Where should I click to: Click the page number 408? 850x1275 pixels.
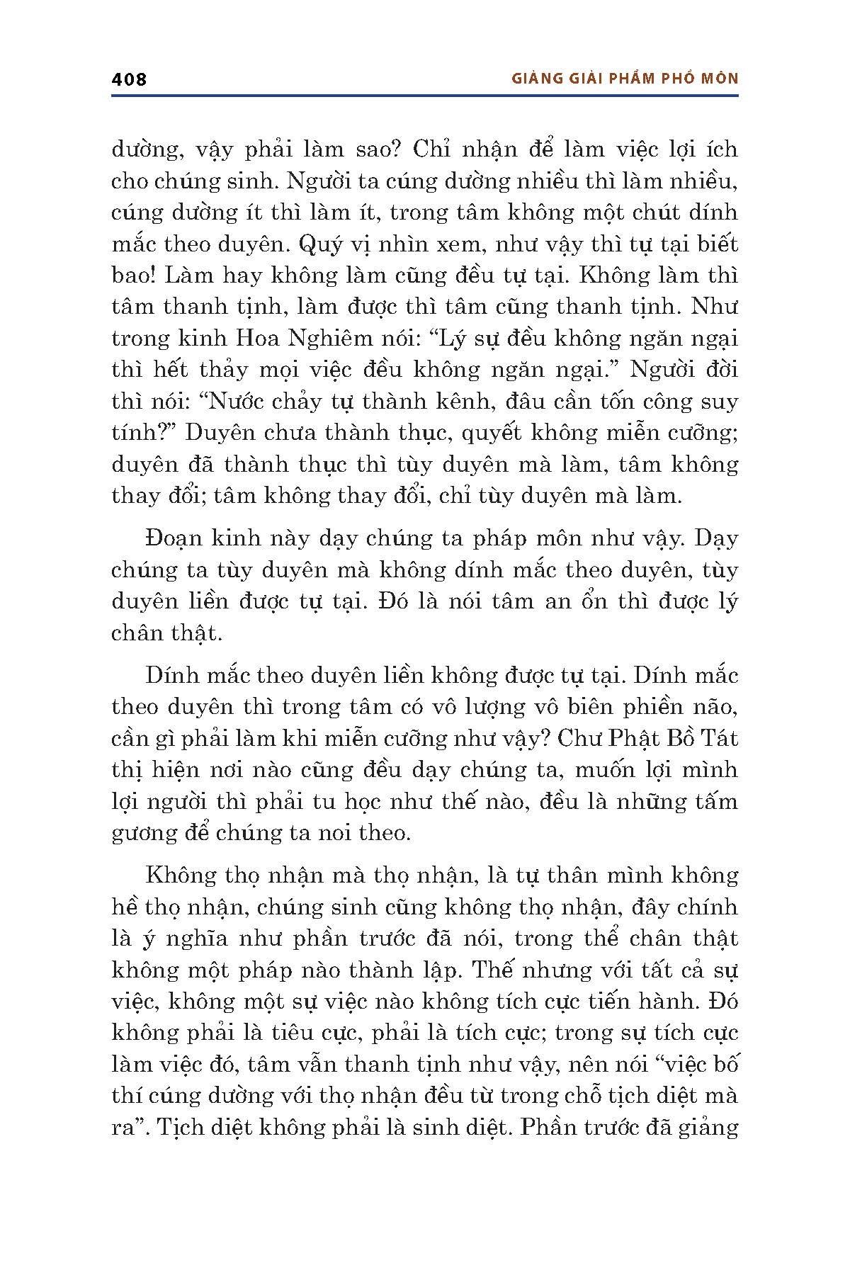[129, 79]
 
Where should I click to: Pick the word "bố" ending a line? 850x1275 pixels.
[724, 1064]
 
